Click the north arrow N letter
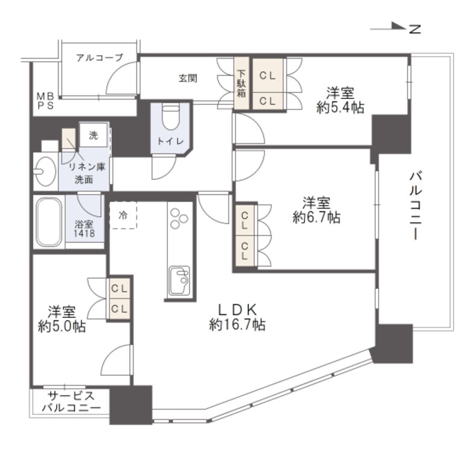(x=414, y=28)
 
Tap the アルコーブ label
(x=99, y=58)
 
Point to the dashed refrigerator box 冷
(x=123, y=214)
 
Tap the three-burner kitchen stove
(x=179, y=219)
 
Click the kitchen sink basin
(x=179, y=280)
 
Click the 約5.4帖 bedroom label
(x=341, y=100)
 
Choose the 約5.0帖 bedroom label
(x=62, y=319)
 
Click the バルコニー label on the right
(x=415, y=207)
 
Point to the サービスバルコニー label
(x=71, y=402)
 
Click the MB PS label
(x=44, y=100)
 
